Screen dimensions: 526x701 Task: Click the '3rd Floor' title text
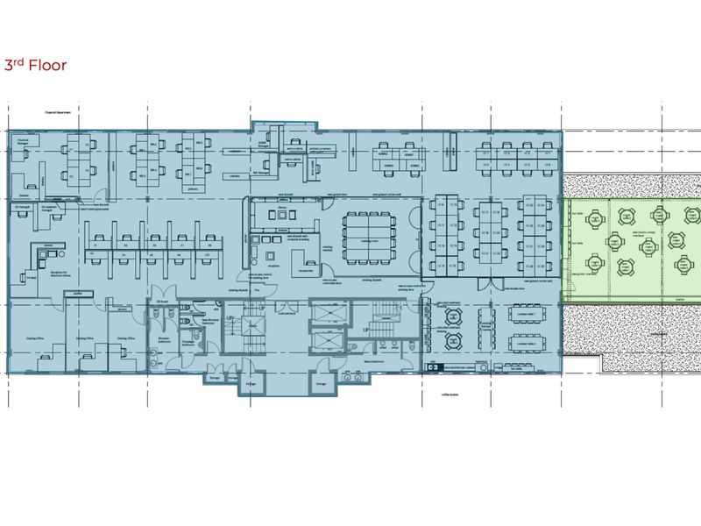click(x=36, y=65)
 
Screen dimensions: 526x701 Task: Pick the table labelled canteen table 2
click(x=527, y=345)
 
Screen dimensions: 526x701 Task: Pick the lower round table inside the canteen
click(x=454, y=344)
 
